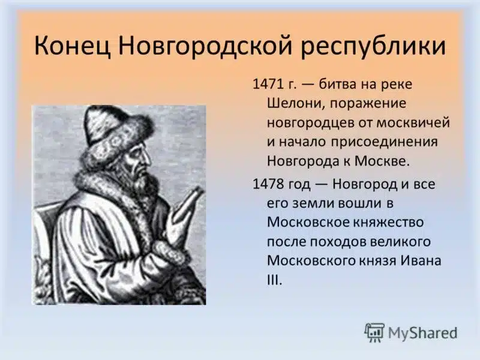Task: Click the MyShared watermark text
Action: tap(422, 332)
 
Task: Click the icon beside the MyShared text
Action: tap(374, 332)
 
